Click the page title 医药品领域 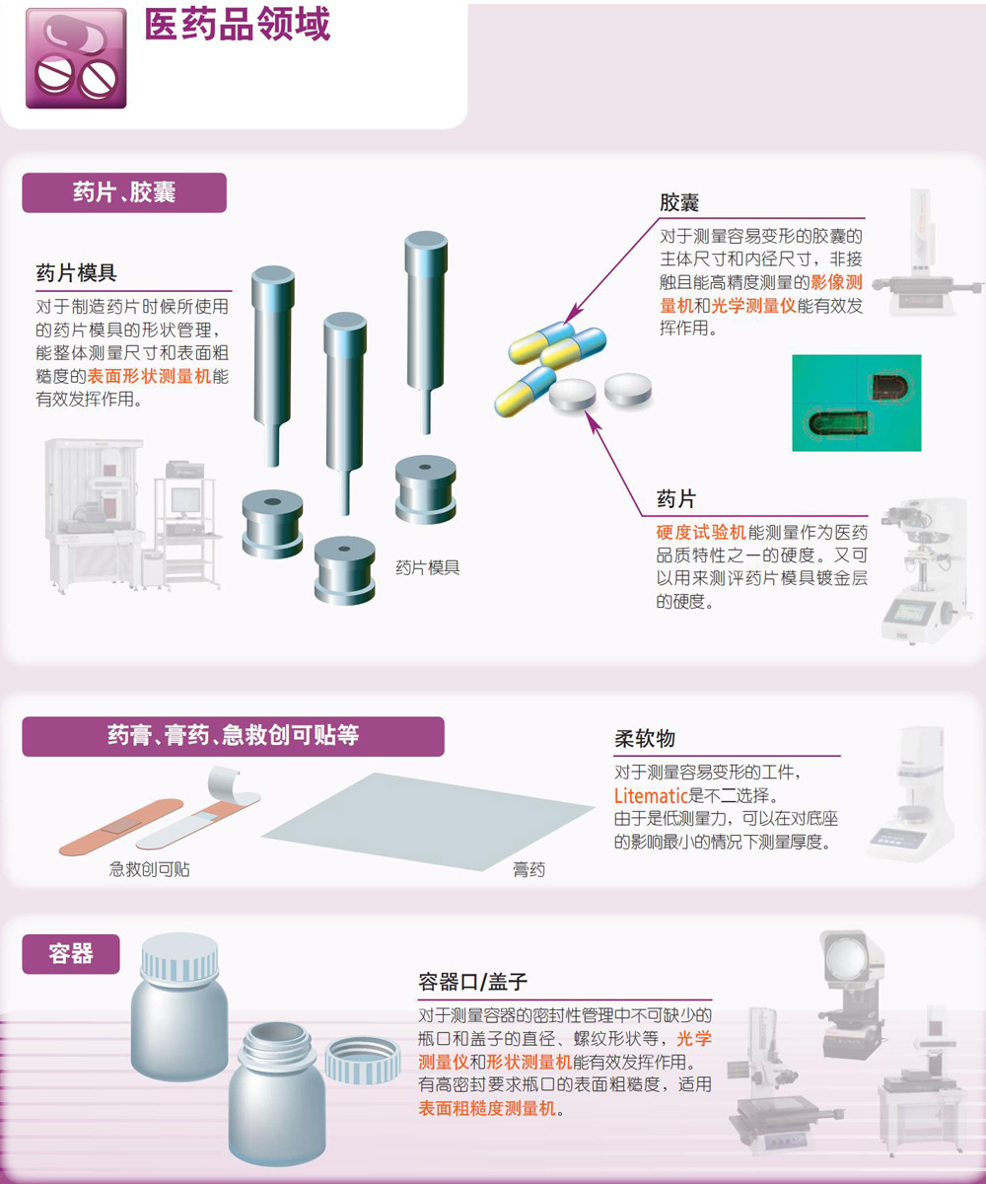tap(238, 25)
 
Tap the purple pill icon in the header tap(76, 58)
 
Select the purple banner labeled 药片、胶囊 tap(124, 192)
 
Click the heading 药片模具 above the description tap(76, 272)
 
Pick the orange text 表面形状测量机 tap(149, 376)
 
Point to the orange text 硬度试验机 tap(701, 532)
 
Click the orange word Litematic tap(651, 795)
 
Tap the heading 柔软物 tap(645, 739)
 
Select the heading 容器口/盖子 tap(472, 981)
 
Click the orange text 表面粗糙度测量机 tap(487, 1107)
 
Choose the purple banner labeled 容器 tap(71, 954)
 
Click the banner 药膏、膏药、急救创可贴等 tap(233, 737)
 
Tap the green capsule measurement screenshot tap(856, 403)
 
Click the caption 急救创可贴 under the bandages tap(150, 869)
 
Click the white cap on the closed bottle tap(179, 957)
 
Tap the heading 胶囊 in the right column tap(679, 202)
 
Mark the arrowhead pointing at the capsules tap(574, 313)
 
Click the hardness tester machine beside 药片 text tap(925, 570)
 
